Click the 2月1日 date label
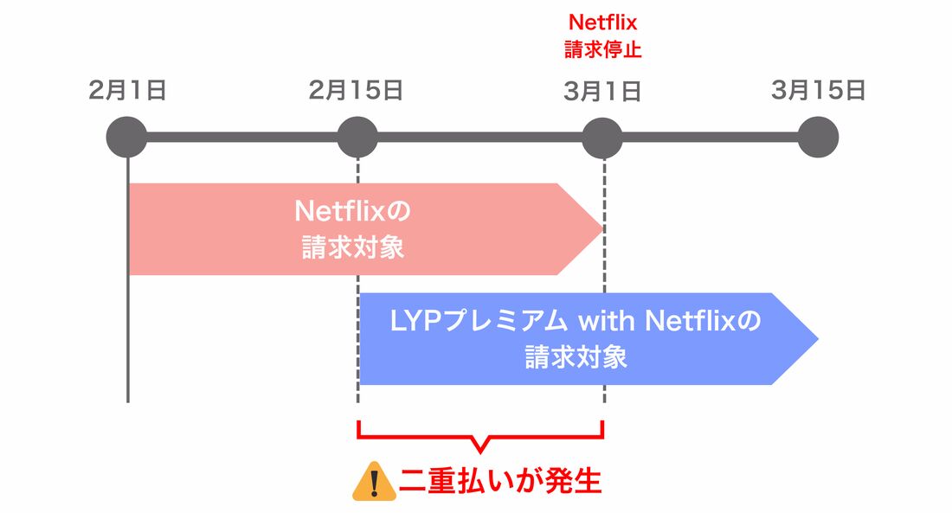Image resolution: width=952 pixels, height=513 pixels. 127,91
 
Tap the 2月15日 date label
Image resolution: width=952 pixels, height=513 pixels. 356,91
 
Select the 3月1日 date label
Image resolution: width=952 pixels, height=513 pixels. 602,91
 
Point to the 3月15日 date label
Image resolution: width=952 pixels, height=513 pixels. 818,90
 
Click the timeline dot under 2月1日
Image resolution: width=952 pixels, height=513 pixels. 127,137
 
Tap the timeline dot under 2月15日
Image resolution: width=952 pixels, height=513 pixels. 357,137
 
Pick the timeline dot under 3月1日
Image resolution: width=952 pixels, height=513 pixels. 602,137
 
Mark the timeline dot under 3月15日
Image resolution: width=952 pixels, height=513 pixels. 818,137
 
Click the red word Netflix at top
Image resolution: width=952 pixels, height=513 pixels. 602,22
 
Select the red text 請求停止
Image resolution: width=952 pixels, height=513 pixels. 602,48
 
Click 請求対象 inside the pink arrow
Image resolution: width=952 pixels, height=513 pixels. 353,248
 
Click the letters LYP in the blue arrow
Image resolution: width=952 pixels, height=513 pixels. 412,322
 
